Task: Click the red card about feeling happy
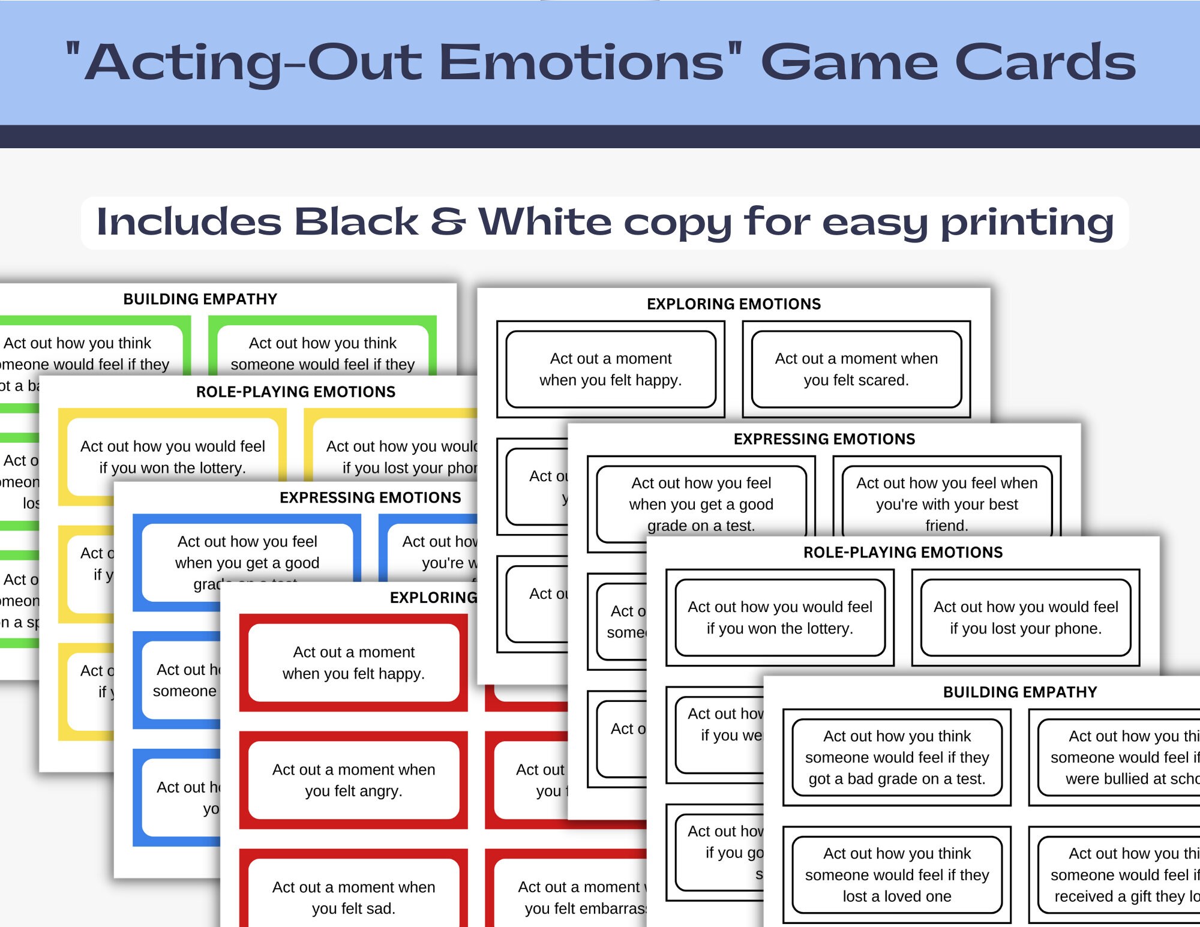pos(353,662)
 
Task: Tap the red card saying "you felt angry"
pos(353,780)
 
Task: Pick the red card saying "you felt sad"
pos(353,897)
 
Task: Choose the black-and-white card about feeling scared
pos(856,369)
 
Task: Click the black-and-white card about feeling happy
pos(611,369)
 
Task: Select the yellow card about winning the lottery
pos(173,457)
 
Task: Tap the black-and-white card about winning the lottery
pos(779,617)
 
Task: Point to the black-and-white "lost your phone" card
pos(1025,617)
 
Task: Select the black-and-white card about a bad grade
pos(897,757)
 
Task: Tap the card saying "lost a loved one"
pos(897,874)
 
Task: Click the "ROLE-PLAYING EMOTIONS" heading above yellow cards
pos(296,392)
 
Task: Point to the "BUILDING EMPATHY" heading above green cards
pos(200,299)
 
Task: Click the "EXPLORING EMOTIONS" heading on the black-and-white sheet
pos(734,304)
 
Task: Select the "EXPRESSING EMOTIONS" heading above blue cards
pos(370,497)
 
